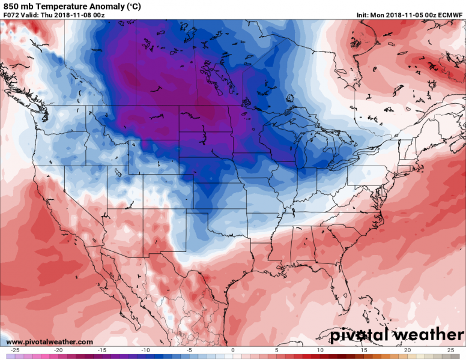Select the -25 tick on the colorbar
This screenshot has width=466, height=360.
click(x=15, y=350)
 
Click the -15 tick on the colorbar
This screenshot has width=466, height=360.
click(x=102, y=350)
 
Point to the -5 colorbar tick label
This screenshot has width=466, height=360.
click(x=189, y=350)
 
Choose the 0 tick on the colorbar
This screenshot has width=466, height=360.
click(x=233, y=350)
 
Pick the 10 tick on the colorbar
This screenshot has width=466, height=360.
click(x=320, y=350)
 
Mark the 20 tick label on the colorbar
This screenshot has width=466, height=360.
click(x=407, y=350)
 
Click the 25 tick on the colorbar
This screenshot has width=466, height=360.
click(x=450, y=350)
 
